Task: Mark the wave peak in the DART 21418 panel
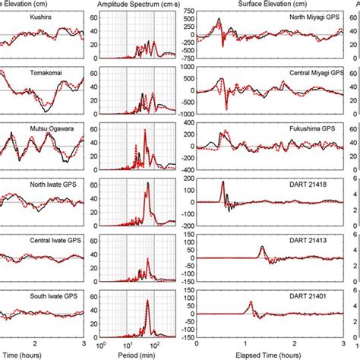[x=223, y=182]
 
